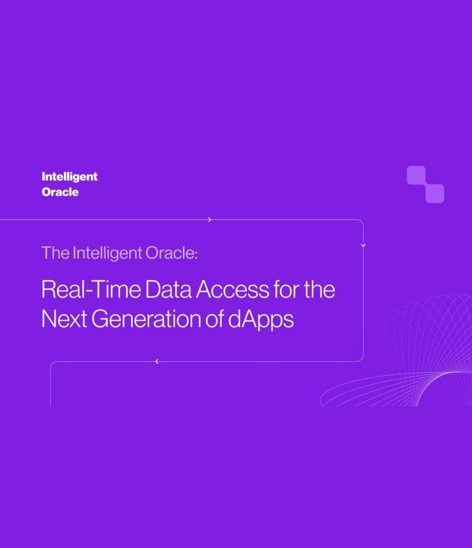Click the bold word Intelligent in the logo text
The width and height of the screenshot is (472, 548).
[70, 177]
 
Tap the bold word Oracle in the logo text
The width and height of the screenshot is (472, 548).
[60, 192]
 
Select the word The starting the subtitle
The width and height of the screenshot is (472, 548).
[55, 253]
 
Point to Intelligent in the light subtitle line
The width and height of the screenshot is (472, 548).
[108, 253]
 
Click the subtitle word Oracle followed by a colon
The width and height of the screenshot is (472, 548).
[171, 253]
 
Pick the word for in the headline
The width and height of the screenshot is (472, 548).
[286, 289]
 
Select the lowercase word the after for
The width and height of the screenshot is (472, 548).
[319, 289]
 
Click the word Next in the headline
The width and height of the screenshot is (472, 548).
[64, 319]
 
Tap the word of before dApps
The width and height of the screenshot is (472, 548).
[214, 319]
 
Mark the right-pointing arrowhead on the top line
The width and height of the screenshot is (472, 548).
[210, 220]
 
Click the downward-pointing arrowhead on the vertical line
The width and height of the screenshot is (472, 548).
[363, 246]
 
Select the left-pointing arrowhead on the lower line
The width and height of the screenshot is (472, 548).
[157, 362]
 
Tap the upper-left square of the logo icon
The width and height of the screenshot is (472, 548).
[417, 175]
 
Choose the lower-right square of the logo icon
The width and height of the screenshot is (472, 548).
[435, 193]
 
